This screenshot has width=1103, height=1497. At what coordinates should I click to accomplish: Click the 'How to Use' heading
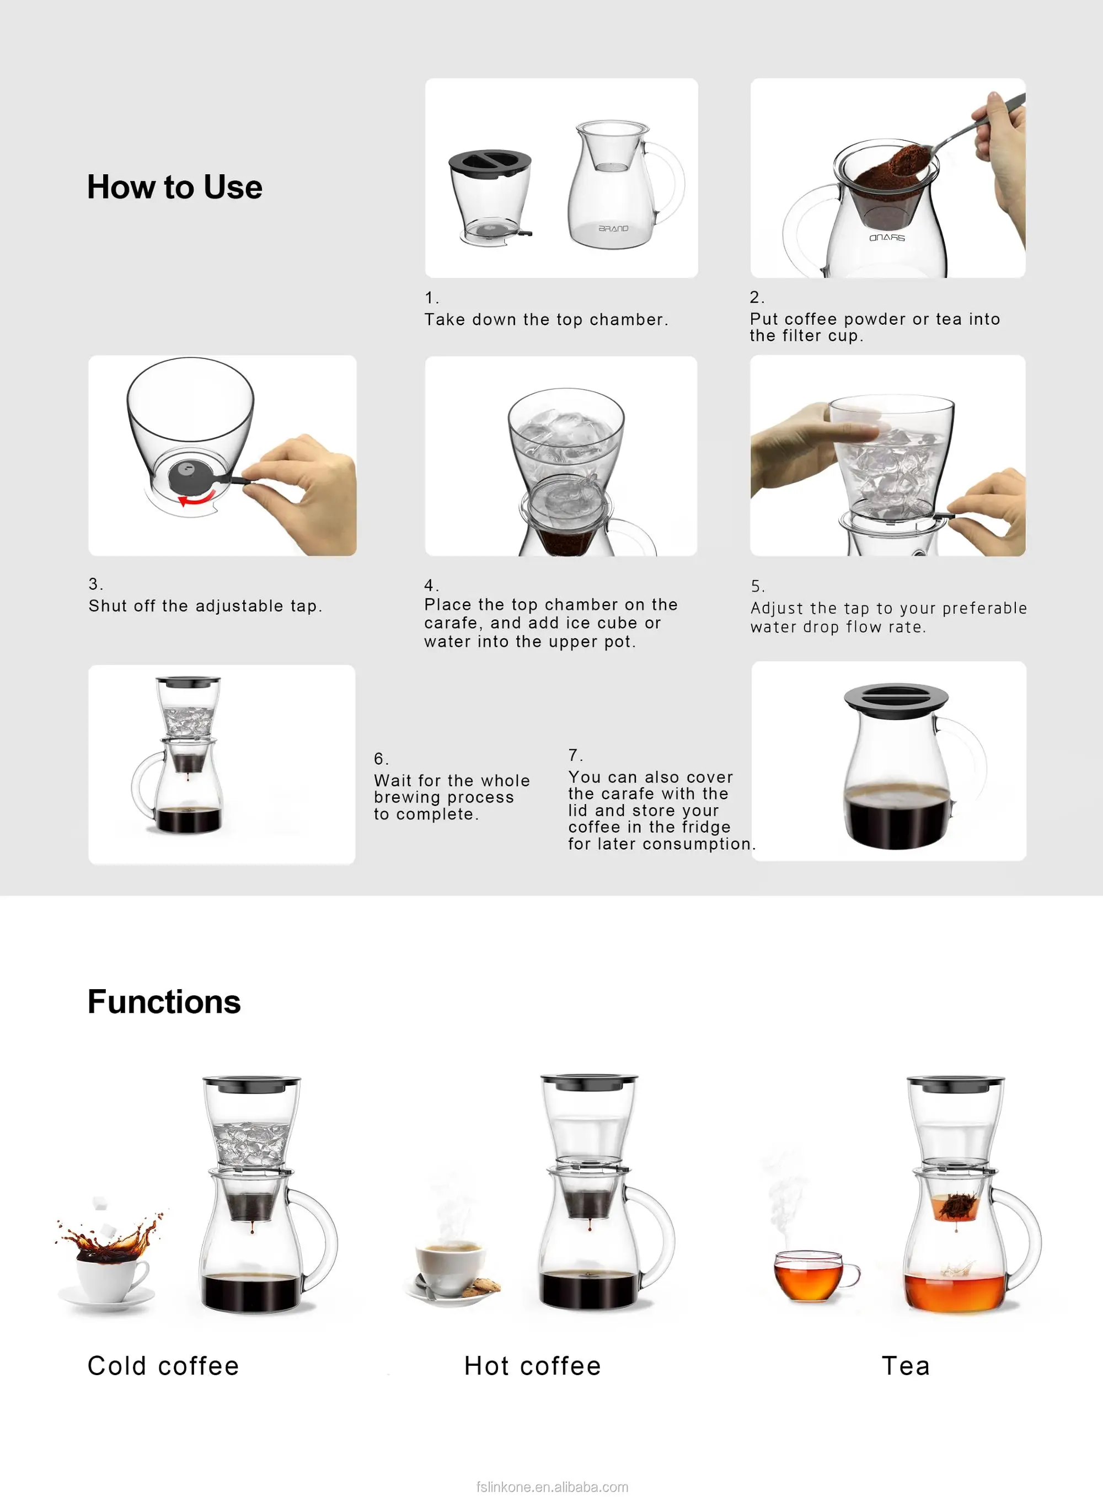pos(174,187)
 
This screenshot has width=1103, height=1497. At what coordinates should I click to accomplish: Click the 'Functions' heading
pos(164,1002)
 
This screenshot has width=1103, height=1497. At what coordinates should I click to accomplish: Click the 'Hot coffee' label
pos(532,1366)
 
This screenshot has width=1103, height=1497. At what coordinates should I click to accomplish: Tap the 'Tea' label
pos(906,1366)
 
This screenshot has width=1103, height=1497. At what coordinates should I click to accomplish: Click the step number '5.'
pos(757,586)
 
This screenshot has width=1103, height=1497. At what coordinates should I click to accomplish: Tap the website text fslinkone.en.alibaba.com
pos(552,1487)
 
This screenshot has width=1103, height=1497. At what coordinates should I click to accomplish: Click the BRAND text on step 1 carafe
pos(613,228)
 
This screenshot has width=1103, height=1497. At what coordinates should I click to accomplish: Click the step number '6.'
pos(381,759)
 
